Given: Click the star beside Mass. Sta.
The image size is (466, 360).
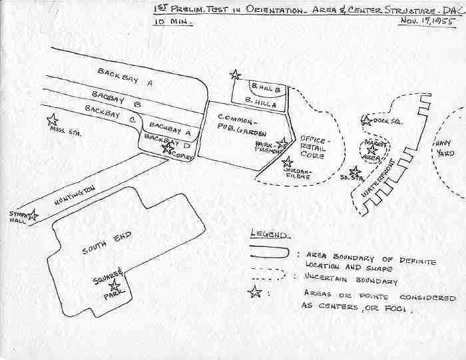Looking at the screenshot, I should coord(52,120).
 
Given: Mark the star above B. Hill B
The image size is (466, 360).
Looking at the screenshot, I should coord(234,75).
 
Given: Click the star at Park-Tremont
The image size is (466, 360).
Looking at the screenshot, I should coord(283,142).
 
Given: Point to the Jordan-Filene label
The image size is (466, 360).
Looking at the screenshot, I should coord(298,172).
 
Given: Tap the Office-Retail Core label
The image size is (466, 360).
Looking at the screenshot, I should coord(312,147).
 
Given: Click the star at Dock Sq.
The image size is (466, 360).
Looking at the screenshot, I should coord(366,121).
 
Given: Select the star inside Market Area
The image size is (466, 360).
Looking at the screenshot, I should coord(372,150).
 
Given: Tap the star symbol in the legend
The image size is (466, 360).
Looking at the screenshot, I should coord(254,291).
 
